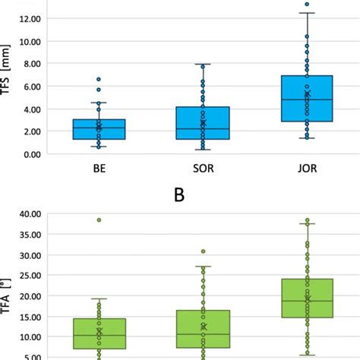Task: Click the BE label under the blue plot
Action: [99, 170]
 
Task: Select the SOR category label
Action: [202, 170]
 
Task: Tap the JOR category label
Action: [306, 170]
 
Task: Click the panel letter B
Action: [179, 194]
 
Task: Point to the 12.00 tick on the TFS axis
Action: [29, 20]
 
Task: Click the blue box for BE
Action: [99, 129]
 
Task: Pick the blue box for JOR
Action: [306, 98]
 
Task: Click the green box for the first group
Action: [99, 334]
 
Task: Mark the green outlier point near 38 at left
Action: [99, 220]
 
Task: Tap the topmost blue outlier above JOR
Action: [307, 5]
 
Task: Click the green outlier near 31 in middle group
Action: [203, 251]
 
